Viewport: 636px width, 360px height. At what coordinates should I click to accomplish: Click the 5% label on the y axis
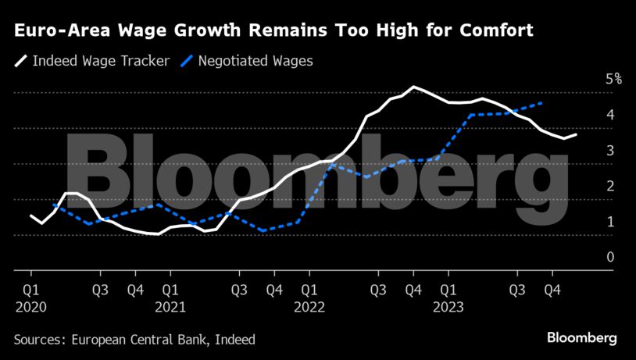[613, 79]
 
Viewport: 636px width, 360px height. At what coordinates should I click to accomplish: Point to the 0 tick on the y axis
[610, 257]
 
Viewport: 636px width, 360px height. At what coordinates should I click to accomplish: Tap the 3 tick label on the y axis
[610, 150]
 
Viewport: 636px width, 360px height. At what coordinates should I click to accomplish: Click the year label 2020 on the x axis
[30, 307]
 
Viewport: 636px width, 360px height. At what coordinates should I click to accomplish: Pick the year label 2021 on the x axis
[170, 307]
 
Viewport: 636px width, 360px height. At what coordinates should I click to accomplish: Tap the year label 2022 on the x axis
[309, 307]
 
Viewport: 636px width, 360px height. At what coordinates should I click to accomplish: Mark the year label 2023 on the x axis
[448, 307]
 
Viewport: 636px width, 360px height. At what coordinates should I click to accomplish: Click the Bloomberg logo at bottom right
[581, 338]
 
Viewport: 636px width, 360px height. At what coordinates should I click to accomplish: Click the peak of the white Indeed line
[413, 87]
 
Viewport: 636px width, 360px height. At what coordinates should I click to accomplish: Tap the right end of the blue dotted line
[542, 102]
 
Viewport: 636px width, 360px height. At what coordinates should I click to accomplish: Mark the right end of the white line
[577, 134]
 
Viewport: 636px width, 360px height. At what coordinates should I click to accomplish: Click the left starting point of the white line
[30, 215]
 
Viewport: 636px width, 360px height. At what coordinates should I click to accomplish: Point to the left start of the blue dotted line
[53, 205]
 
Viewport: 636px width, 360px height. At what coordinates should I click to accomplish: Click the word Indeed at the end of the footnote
[235, 340]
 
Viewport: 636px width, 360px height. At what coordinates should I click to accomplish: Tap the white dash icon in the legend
[21, 61]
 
